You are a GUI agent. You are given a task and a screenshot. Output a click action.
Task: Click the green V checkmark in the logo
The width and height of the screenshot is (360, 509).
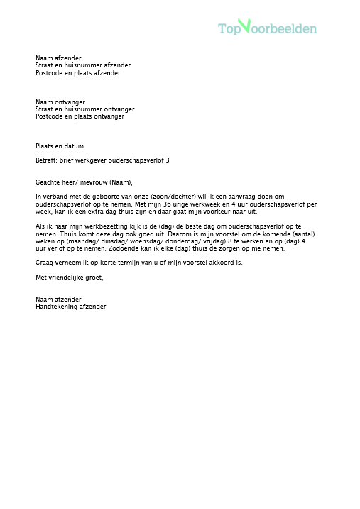tap(244, 26)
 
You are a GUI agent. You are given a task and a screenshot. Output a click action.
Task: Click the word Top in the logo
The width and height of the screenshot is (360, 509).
tap(229, 29)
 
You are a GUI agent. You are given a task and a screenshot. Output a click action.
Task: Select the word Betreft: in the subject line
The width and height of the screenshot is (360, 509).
tap(46, 160)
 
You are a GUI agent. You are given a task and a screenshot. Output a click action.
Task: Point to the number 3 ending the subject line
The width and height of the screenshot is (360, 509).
tap(167, 160)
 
